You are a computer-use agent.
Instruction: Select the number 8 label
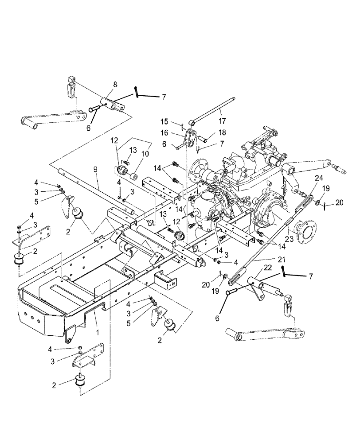click(x=115, y=84)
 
